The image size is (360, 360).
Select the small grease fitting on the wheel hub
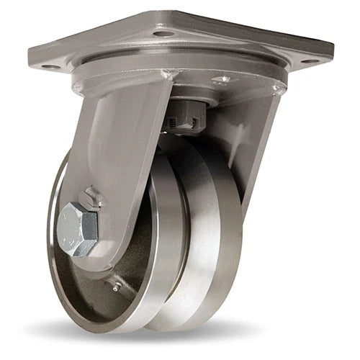116,267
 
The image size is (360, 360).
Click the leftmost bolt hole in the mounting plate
49,67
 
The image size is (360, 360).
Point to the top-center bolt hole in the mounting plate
163,33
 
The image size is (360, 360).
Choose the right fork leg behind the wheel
252,144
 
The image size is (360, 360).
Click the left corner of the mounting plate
32,66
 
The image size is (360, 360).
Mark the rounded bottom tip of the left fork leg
94,265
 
